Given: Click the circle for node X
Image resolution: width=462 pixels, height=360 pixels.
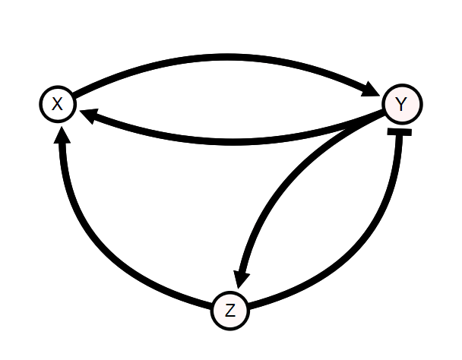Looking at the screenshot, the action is pos(58,104).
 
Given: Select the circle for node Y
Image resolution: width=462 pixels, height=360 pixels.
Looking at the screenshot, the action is pos(402,104).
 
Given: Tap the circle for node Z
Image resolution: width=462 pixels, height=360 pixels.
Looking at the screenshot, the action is pos(230,310).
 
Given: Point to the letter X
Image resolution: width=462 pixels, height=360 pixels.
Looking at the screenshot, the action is pos(58,104).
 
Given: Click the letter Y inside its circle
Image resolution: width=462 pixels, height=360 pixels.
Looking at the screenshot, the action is pos(402,104).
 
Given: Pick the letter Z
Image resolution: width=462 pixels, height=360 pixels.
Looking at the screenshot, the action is pos(230,310).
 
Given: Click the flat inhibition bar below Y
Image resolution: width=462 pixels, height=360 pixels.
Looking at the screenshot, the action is pos(399,133).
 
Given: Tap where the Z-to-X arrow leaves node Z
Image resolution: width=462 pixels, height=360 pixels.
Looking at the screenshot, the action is pos(214,305).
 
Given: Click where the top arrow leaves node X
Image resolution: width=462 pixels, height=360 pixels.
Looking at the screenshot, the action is pos(76,96).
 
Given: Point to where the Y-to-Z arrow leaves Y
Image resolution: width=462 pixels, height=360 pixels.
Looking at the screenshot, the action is pos(384,118).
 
